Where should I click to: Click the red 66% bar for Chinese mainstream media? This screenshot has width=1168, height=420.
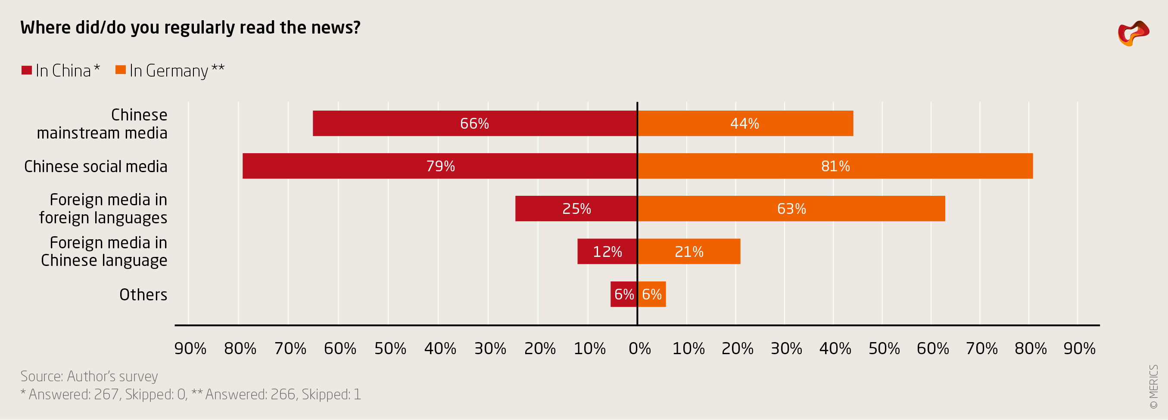coord(475,123)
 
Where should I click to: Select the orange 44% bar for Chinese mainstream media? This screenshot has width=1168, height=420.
coord(745,123)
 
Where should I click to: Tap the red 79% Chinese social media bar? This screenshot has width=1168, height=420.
coord(440,166)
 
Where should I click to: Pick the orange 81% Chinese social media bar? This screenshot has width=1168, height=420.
coord(835,166)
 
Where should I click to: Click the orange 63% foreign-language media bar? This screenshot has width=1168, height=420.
coord(791,208)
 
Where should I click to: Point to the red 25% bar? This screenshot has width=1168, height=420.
coord(576,208)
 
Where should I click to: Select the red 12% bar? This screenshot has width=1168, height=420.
coord(607,251)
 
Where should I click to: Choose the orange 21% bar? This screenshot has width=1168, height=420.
coord(689,251)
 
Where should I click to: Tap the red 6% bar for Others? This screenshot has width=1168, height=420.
coord(623,294)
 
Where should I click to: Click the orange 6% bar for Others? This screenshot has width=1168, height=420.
coord(652,294)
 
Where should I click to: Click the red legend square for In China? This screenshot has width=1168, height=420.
coord(27,70)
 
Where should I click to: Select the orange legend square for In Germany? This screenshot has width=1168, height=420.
coord(121,70)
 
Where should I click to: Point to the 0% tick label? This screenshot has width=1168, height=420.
coord(639,349)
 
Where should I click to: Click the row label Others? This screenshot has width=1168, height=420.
coord(143,294)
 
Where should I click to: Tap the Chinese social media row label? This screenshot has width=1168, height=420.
coord(96,166)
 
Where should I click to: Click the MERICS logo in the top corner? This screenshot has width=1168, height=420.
coord(1133,33)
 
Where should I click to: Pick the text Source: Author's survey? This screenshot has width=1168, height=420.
coord(89,376)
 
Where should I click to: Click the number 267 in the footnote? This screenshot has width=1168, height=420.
coord(106,394)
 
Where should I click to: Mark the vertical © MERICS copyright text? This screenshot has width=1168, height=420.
coord(1153,386)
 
